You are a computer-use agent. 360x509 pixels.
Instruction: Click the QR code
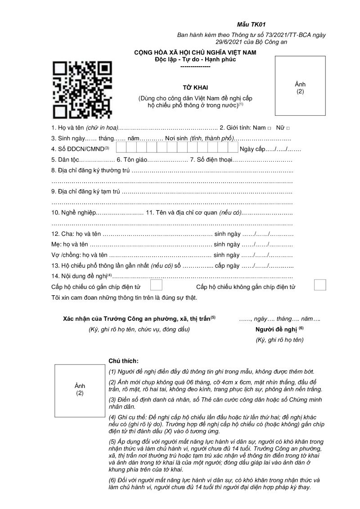tap(82, 88)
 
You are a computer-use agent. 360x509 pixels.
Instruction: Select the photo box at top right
tap(300, 86)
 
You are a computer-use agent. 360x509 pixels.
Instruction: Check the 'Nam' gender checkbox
tap(269, 128)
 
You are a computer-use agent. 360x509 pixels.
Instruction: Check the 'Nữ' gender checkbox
tap(288, 128)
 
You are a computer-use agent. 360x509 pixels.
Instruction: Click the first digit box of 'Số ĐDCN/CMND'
tap(121, 148)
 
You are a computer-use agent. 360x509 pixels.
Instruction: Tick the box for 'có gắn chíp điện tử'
tap(156, 285)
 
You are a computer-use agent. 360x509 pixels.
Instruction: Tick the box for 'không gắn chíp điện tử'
tap(319, 285)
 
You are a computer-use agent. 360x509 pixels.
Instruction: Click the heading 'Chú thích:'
tap(124, 361)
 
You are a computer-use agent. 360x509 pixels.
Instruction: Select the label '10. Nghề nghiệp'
tap(74, 212)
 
